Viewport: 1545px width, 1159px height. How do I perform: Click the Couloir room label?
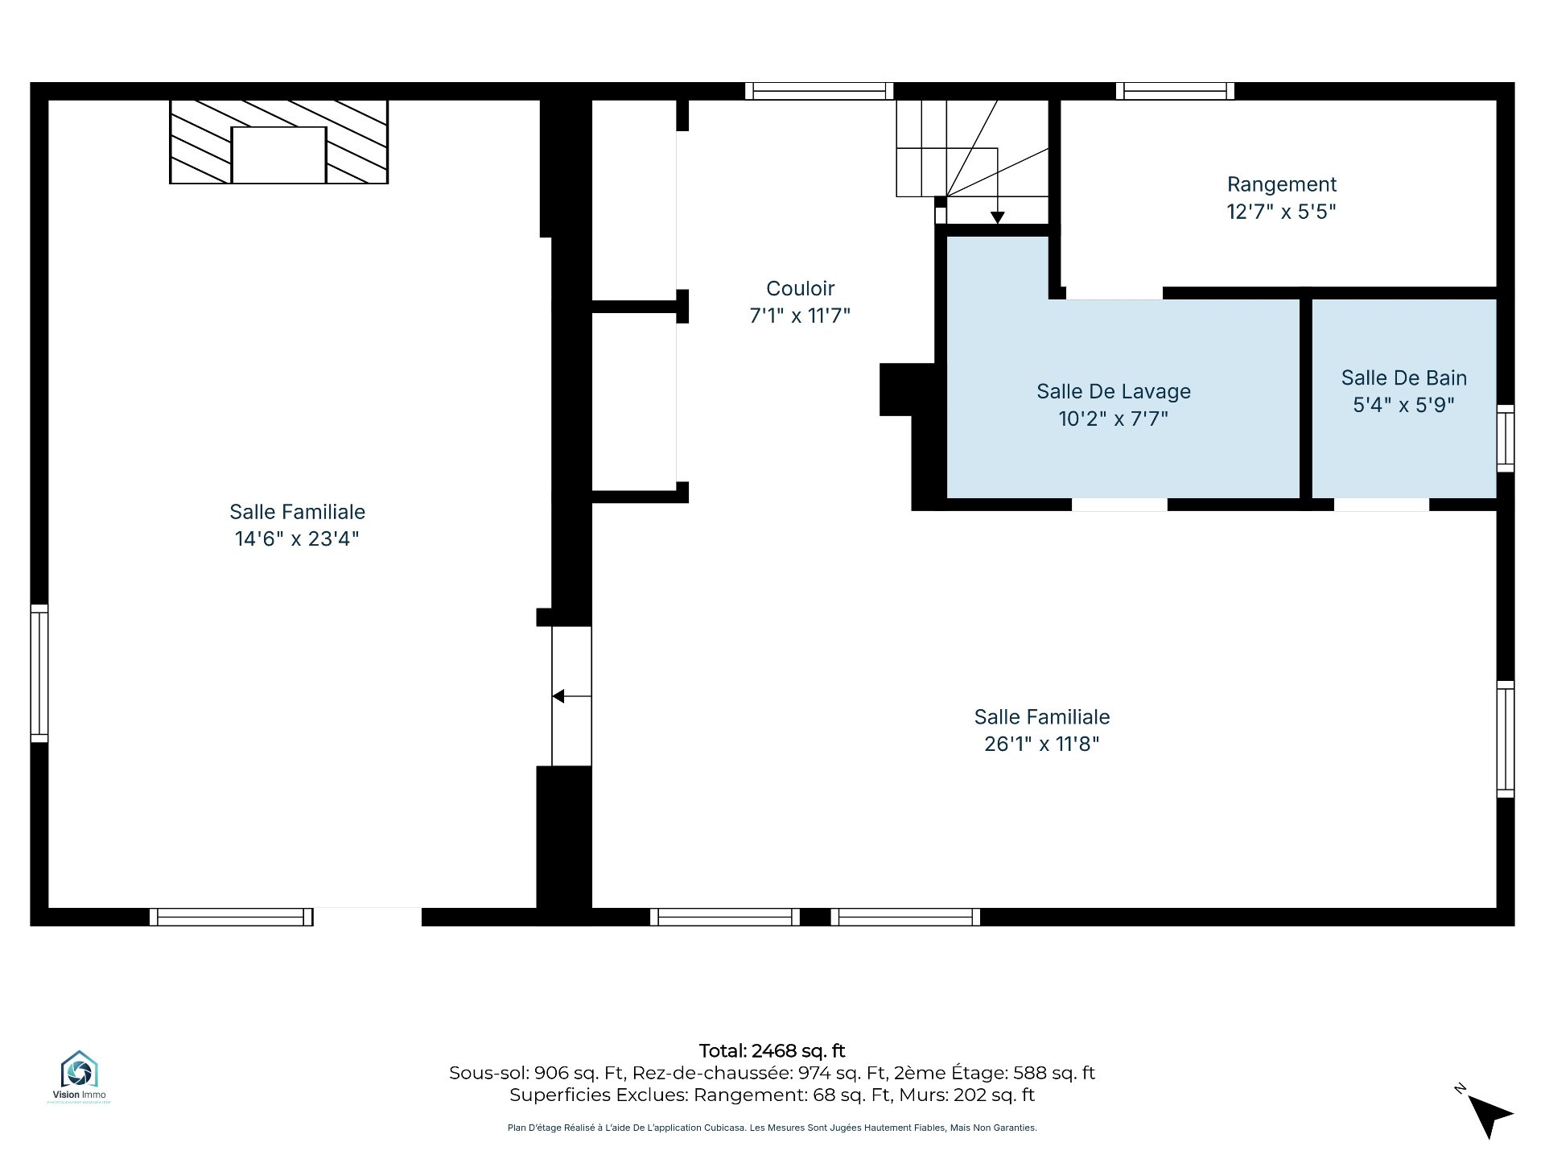(x=800, y=288)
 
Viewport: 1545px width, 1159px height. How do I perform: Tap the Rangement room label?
(x=1281, y=184)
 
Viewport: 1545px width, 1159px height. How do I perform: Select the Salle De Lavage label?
(x=1113, y=391)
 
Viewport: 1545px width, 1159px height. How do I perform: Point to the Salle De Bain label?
(x=1403, y=377)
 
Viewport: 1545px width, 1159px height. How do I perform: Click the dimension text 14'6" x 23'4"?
(x=297, y=538)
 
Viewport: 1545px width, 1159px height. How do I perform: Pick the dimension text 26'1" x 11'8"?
(x=1041, y=744)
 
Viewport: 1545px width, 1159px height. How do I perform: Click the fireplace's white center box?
(x=278, y=155)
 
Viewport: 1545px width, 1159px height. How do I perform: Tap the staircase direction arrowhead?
(x=997, y=217)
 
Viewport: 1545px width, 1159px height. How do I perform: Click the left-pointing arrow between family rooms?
(x=571, y=696)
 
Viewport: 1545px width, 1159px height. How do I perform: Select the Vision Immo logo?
(x=79, y=1075)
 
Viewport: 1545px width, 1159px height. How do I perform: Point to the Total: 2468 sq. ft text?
(x=772, y=1050)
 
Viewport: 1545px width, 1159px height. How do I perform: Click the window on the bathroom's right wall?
(x=1505, y=439)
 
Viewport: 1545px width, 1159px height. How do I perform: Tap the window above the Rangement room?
(x=1175, y=91)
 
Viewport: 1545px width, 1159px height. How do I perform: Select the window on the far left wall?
(x=39, y=673)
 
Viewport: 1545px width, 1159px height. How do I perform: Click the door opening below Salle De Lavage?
(x=1119, y=505)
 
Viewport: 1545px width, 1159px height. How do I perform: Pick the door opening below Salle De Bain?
(x=1382, y=505)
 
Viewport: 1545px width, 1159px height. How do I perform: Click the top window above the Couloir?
(x=819, y=91)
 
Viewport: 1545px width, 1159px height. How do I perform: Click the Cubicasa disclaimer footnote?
(x=772, y=1128)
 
